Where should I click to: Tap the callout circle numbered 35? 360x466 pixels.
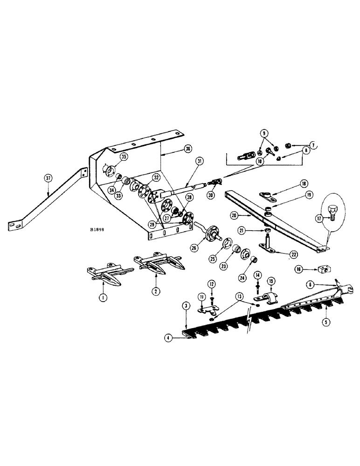coord(124,157)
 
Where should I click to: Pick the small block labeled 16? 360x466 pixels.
coord(322,270)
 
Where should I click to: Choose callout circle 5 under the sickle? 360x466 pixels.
coord(325,321)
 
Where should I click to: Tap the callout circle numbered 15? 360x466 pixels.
coord(270,282)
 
